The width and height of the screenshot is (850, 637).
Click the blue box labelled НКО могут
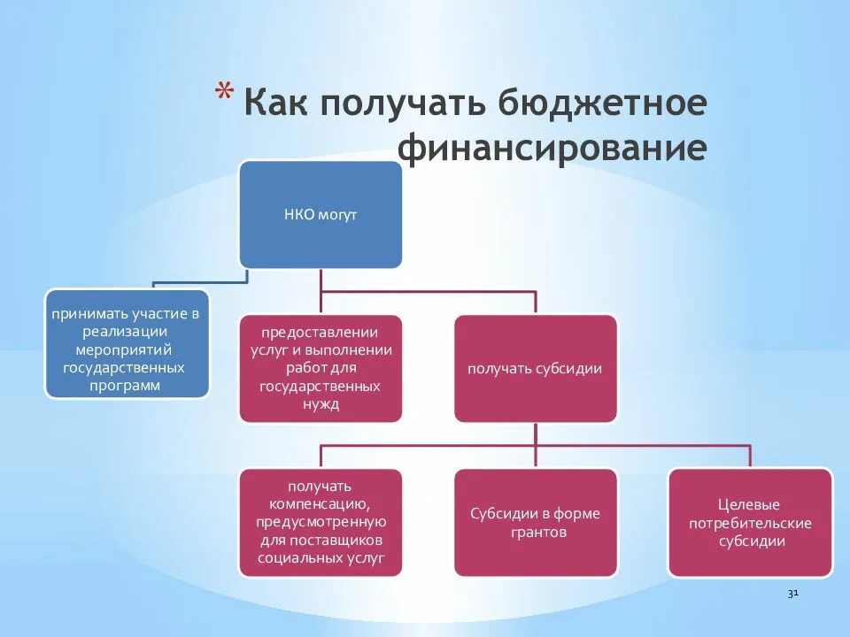[321, 215]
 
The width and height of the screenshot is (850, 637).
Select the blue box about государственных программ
[127, 343]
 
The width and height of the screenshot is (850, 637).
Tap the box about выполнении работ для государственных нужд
[321, 369]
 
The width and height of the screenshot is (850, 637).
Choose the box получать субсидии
[535, 369]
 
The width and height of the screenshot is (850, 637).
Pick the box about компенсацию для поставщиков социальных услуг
[321, 523]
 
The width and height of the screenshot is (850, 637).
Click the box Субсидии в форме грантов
[535, 523]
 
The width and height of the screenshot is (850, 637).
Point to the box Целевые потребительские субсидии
[750, 523]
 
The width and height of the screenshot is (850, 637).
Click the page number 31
[793, 594]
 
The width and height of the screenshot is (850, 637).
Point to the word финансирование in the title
[552, 148]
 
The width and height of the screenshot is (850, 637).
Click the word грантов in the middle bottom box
[535, 533]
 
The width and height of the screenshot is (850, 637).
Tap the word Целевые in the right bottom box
[750, 505]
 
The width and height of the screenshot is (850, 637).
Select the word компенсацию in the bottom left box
[321, 503]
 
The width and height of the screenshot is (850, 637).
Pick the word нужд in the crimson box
[321, 404]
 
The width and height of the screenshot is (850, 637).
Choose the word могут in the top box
[339, 215]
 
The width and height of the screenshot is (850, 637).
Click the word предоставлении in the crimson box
[321, 333]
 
